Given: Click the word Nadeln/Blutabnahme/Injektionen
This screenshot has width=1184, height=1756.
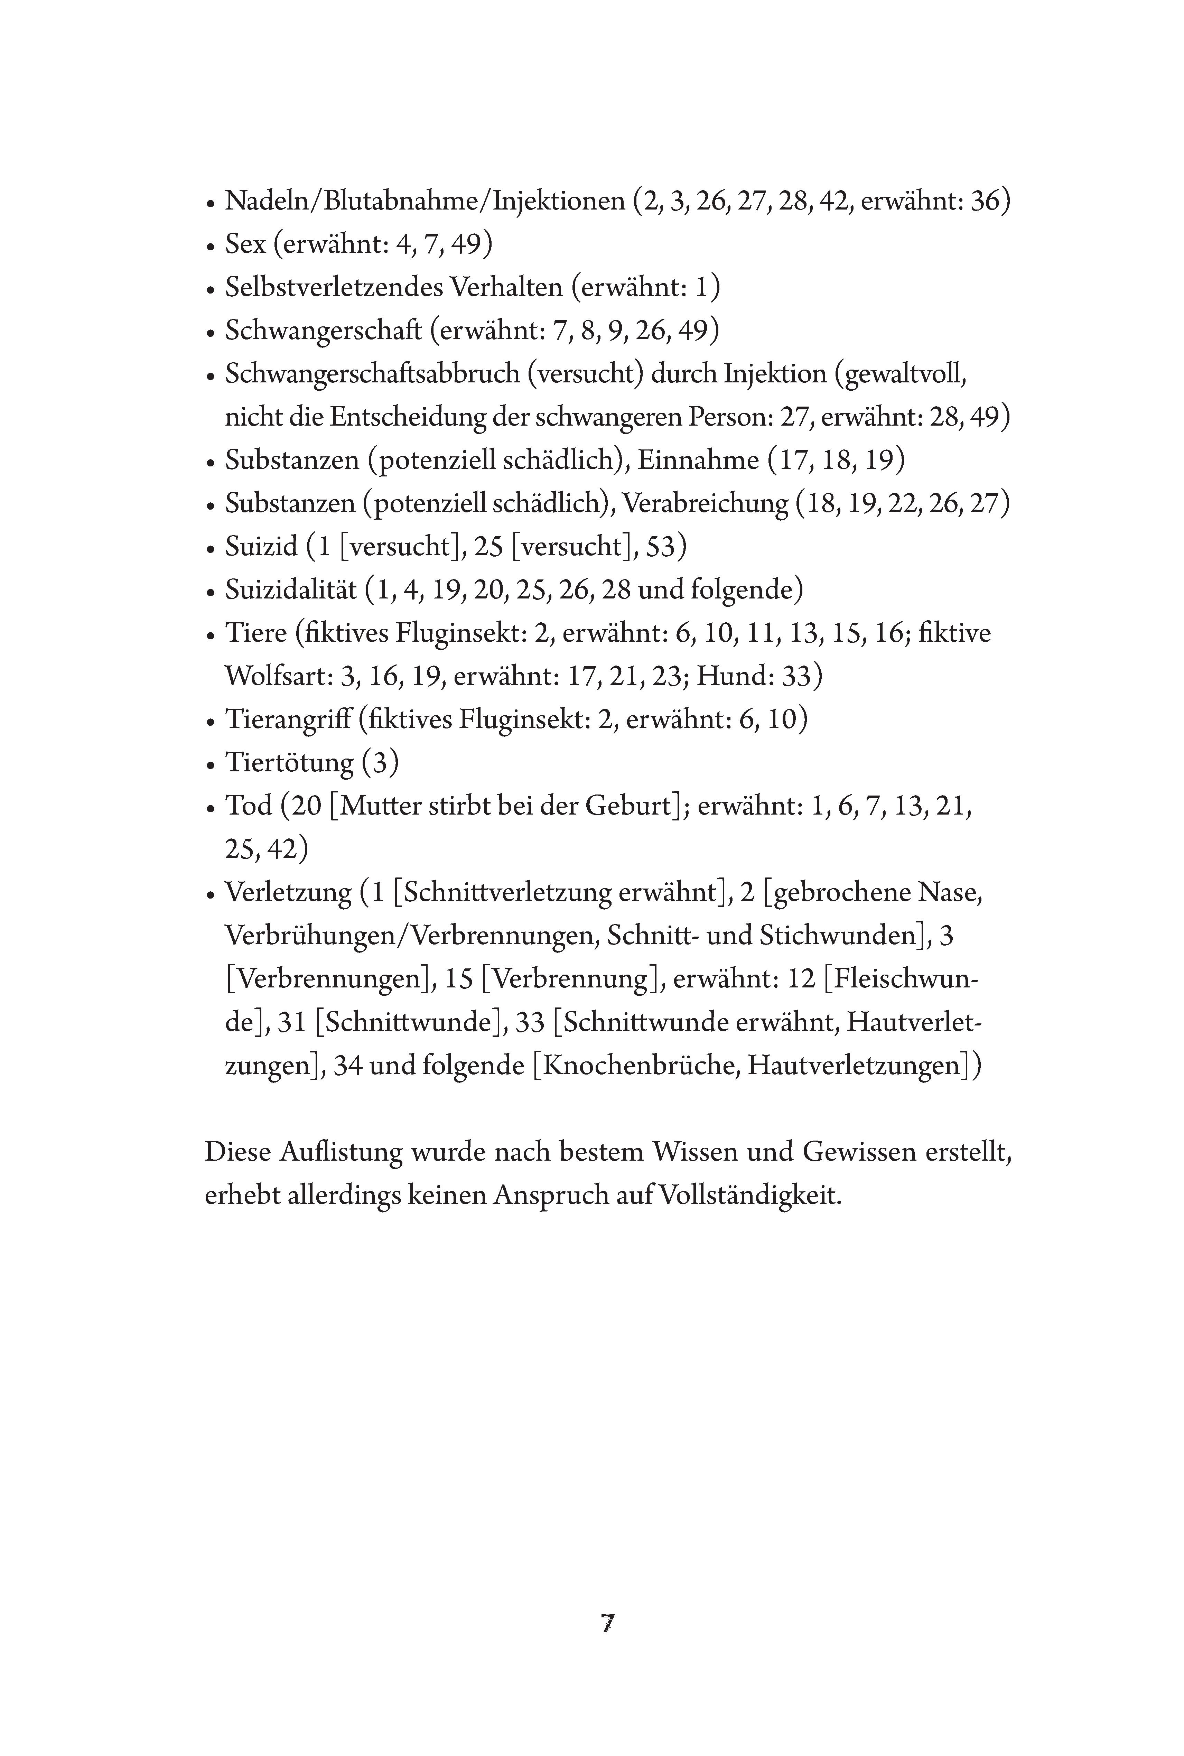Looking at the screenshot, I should [425, 202].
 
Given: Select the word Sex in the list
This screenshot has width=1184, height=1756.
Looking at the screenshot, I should [245, 245].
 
